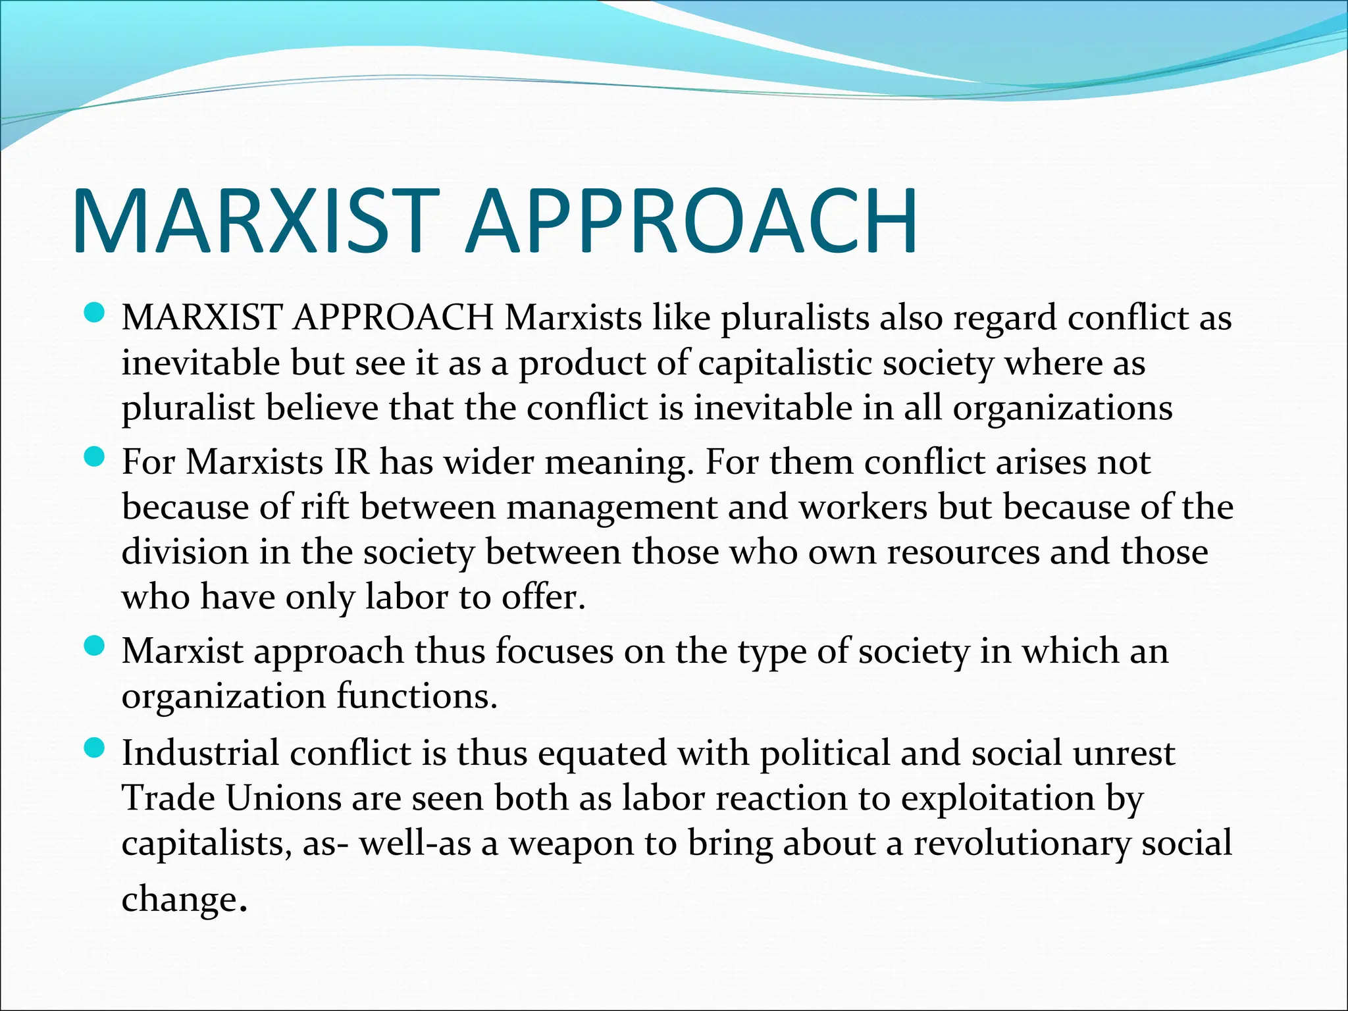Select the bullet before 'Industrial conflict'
pyautogui.click(x=95, y=747)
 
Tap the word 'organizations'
pyautogui.click(x=1062, y=408)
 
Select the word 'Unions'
pyautogui.click(x=284, y=798)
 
